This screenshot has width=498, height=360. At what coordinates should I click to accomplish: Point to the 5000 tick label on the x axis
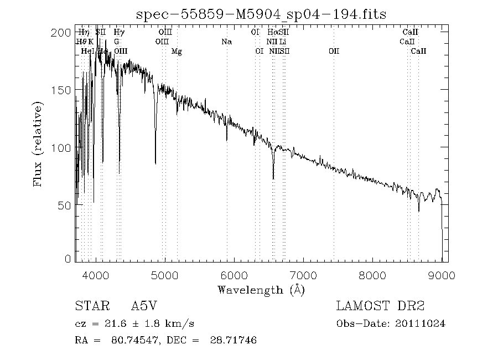tap(165, 275)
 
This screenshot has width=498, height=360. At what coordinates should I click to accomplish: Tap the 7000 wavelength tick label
tap(304, 275)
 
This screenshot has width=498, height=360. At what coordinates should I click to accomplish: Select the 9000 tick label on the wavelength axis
tap(442, 275)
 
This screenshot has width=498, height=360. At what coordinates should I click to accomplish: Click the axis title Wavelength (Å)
tap(261, 290)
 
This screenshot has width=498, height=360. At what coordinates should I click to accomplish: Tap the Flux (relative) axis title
tap(38, 143)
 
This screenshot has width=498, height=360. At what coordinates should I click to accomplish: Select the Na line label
tap(226, 42)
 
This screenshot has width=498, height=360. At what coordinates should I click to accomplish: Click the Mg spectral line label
tap(177, 52)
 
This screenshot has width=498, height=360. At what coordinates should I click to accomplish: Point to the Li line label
tap(283, 42)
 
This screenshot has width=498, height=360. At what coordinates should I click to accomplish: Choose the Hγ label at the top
tap(119, 32)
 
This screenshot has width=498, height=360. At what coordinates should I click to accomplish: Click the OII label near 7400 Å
tap(334, 52)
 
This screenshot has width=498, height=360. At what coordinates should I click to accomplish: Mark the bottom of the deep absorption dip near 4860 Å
tap(155, 163)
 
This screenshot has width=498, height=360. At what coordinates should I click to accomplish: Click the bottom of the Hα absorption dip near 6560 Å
tap(273, 178)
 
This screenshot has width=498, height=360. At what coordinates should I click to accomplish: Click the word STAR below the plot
tap(89, 306)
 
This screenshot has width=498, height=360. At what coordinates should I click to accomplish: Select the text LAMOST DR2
tap(380, 306)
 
